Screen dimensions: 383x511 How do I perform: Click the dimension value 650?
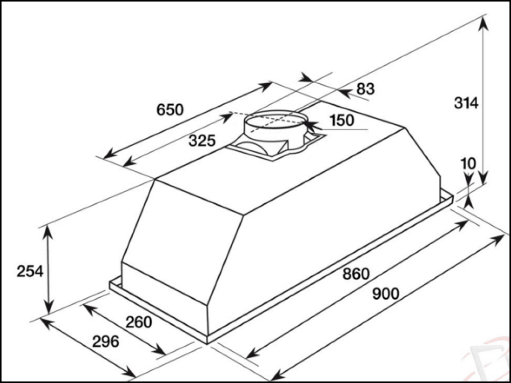[170, 110]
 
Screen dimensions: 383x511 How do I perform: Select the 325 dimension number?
[202, 141]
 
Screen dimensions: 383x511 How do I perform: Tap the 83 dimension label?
[365, 89]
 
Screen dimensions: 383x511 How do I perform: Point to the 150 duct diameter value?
[342, 121]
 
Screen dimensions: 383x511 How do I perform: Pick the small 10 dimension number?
[468, 163]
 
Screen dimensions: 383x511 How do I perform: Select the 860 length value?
[356, 274]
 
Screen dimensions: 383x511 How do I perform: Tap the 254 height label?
[30, 271]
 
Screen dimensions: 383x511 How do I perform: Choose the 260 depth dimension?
[138, 322]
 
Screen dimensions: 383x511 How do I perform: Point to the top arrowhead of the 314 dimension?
[483, 20]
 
